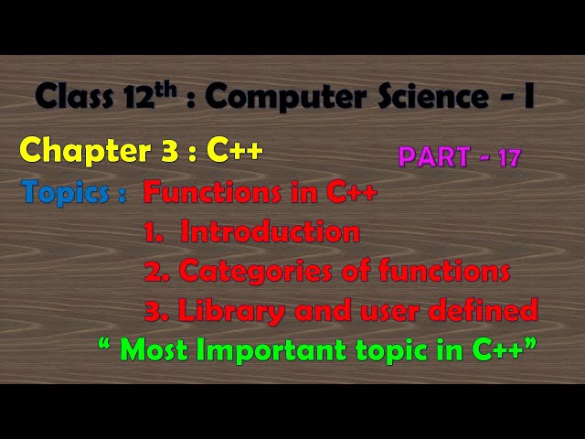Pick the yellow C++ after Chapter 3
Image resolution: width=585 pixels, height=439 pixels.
235,150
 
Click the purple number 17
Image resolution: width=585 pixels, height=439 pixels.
509,157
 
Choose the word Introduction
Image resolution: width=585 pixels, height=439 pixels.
270,232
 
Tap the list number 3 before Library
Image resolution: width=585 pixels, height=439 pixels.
152,311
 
